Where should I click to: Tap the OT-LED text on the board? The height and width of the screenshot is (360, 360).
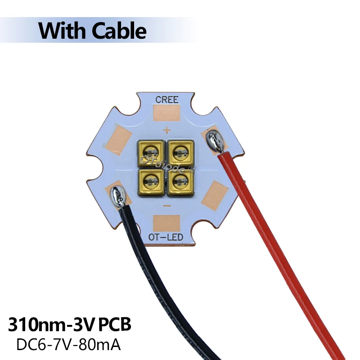166,237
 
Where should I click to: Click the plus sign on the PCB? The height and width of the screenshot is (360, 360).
166,131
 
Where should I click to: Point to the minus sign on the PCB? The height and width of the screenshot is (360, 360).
166,205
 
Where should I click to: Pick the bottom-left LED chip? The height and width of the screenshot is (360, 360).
149,180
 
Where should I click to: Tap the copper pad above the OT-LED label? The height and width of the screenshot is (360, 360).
166,223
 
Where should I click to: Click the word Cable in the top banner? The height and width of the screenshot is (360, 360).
120,31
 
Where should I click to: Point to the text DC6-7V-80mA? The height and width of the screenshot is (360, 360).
69,345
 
